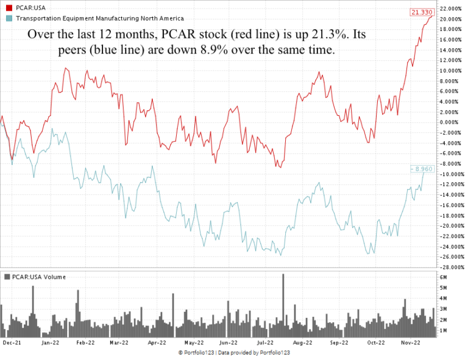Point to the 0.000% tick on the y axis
coord(450,122)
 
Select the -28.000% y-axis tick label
coord(450,267)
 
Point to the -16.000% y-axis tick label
coord(450,205)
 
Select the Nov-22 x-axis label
coord(412,343)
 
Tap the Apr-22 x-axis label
coord(157,343)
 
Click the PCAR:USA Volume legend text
coord(38,277)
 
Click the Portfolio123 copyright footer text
coord(234,353)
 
